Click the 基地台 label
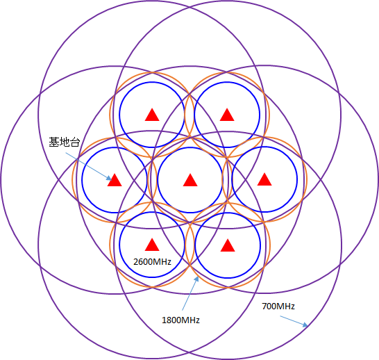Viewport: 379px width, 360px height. [x=65, y=142]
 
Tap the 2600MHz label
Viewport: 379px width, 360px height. [x=152, y=261]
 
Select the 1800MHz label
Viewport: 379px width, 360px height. [x=180, y=320]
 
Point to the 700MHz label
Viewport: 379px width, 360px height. [x=278, y=306]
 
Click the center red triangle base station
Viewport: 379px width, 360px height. [x=190, y=180]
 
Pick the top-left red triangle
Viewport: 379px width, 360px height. [x=152, y=115]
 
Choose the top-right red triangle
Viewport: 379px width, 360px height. [x=227, y=115]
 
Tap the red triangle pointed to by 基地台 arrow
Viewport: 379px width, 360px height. [x=115, y=180]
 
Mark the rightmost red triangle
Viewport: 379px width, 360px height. [x=264, y=179]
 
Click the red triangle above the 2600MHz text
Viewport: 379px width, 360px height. [x=152, y=245]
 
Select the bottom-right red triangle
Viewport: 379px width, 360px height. [x=228, y=245]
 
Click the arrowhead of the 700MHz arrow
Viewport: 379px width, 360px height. [x=305, y=325]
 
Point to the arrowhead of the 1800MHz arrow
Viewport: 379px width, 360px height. [x=196, y=279]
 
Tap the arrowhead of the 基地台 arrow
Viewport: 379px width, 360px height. [x=109, y=178]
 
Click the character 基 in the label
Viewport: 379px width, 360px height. [x=54, y=142]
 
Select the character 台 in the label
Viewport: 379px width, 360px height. [x=75, y=142]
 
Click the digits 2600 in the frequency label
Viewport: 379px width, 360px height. [x=142, y=261]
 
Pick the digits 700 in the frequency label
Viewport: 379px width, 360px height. [x=269, y=306]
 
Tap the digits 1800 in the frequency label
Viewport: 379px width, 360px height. [x=171, y=320]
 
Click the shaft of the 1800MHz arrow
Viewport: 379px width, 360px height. [x=189, y=295]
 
